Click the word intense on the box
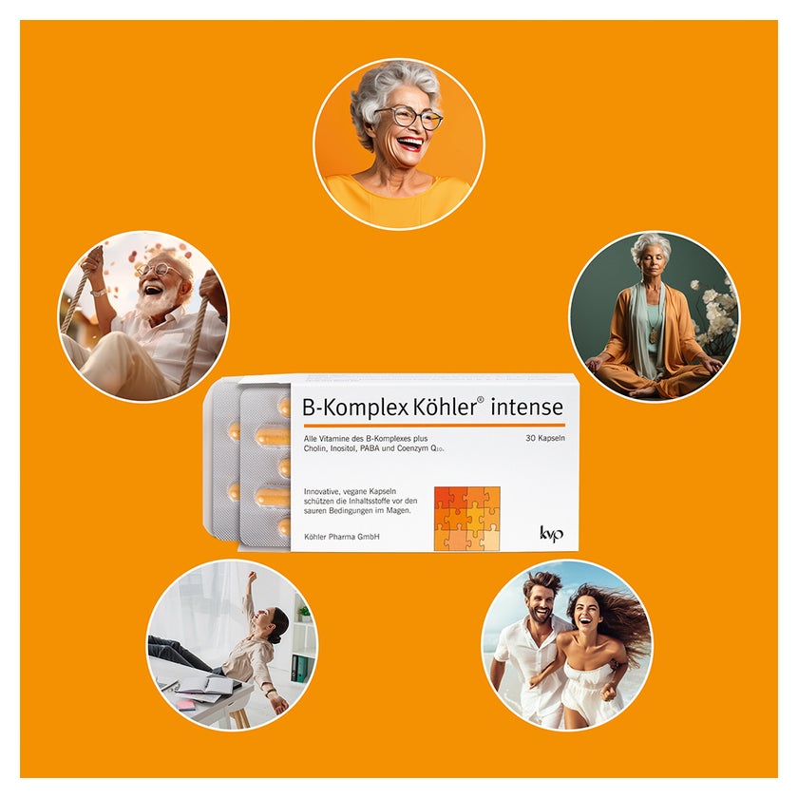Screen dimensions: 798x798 [x=526, y=408]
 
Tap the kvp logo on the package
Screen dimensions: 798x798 [x=551, y=533]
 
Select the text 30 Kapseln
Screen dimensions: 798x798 [x=545, y=438]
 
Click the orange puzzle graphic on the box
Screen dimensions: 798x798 [x=466, y=519]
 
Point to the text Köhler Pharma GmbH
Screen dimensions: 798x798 [x=341, y=537]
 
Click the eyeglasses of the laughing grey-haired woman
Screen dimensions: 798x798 [x=409, y=118]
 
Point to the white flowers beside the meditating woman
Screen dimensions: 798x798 [x=716, y=315]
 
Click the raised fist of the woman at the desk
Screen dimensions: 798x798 [x=251, y=576]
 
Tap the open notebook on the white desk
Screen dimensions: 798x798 [x=203, y=685]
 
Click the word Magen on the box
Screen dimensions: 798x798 [x=397, y=510]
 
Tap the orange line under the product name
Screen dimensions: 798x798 [x=434, y=425]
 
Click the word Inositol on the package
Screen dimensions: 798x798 [x=343, y=448]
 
